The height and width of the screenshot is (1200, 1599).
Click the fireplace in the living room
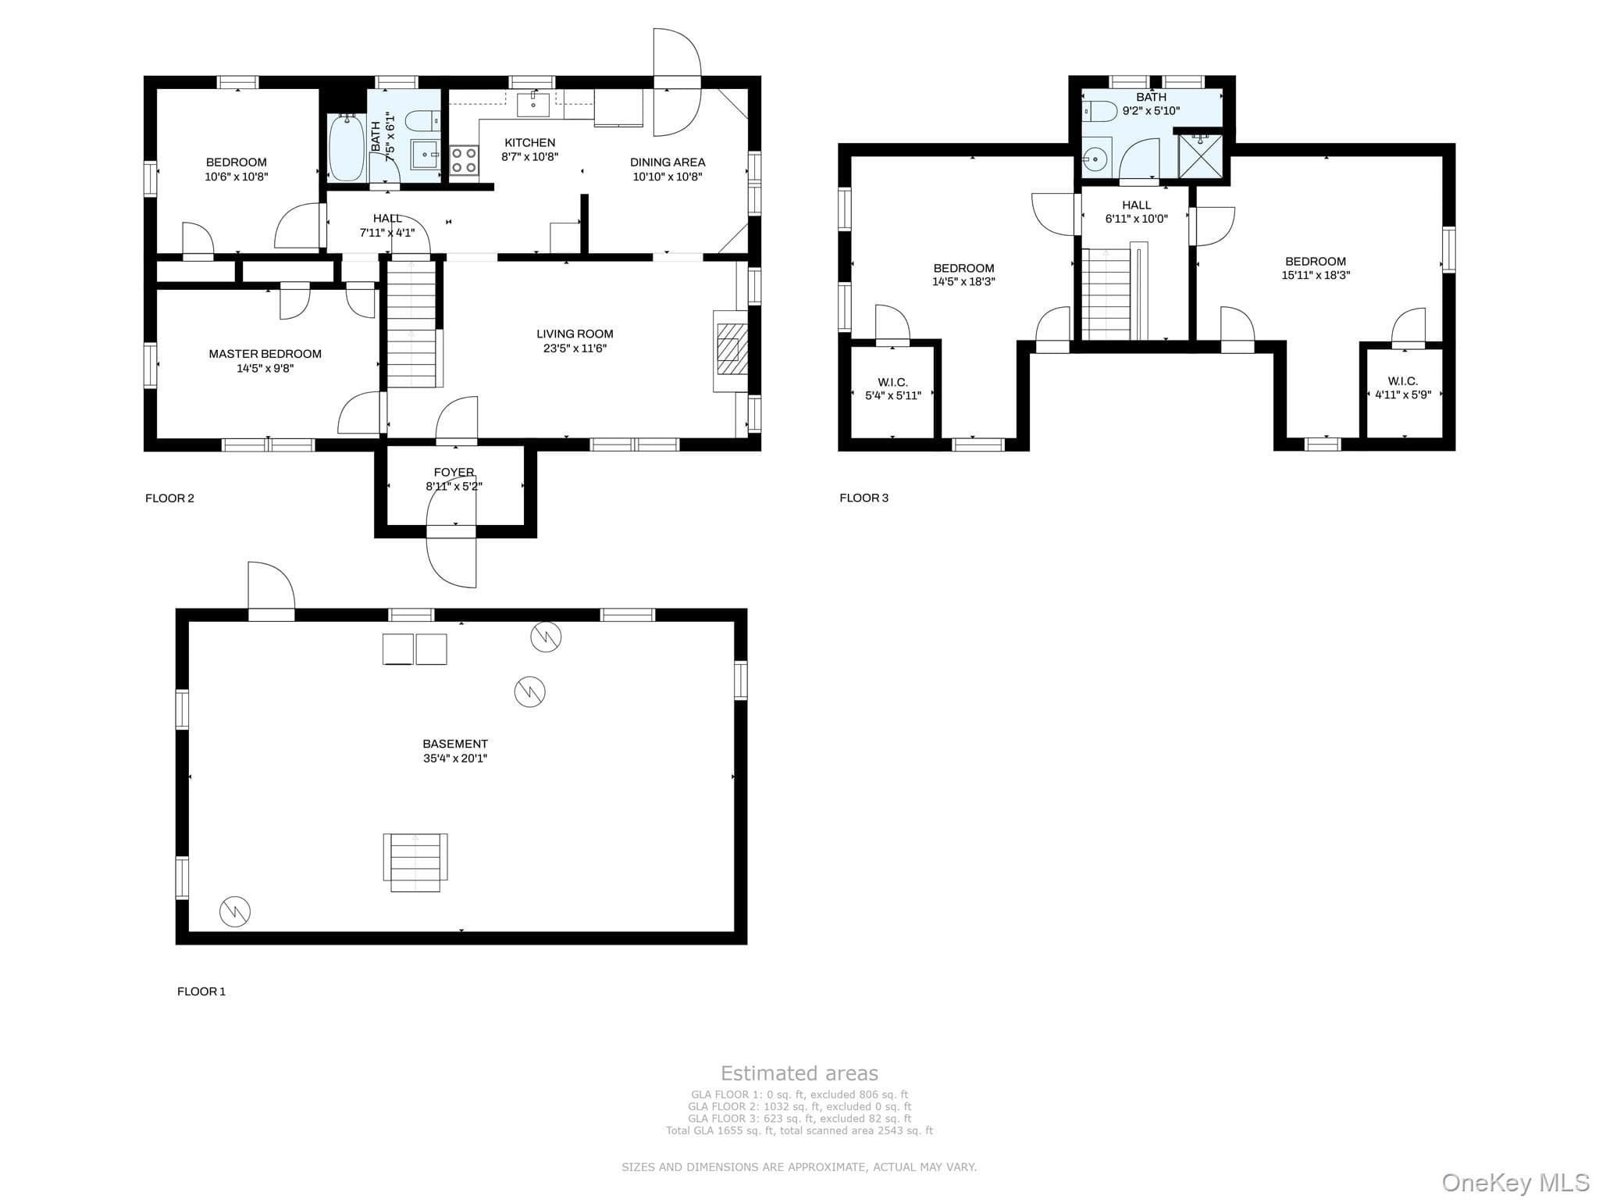[731, 351]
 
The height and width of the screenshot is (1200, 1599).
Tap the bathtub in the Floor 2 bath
[346, 148]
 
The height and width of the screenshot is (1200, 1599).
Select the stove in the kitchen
[464, 159]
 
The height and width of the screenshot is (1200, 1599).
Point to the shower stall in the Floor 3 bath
[1200, 156]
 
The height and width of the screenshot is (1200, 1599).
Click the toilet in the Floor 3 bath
[1099, 112]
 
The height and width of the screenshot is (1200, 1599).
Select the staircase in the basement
[415, 862]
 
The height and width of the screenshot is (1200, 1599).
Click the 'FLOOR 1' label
[201, 991]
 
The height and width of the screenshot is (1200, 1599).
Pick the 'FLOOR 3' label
[864, 498]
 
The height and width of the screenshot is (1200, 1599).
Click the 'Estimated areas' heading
[799, 1073]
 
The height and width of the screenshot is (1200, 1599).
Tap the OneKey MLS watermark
[1515, 1182]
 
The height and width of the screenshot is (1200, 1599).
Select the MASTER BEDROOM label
[265, 354]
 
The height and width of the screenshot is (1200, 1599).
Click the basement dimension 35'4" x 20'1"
[455, 758]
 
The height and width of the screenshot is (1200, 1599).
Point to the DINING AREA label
[668, 162]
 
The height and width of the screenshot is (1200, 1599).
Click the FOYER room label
[454, 472]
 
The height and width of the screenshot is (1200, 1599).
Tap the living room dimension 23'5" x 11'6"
[575, 348]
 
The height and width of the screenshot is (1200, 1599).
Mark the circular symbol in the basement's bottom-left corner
[235, 911]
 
